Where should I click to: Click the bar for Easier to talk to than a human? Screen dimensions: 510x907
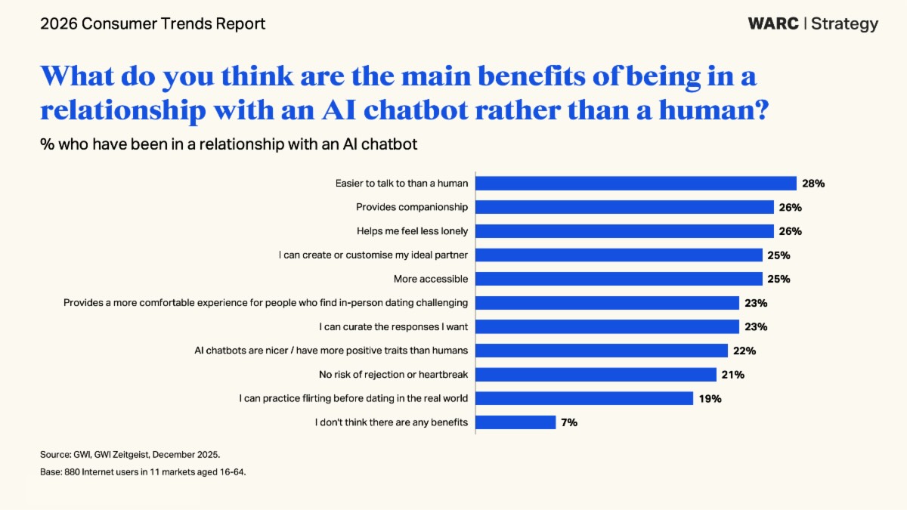[635, 183]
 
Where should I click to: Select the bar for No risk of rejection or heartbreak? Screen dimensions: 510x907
[595, 375]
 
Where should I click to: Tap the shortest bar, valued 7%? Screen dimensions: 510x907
[515, 422]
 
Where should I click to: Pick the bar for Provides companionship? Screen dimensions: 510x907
[624, 207]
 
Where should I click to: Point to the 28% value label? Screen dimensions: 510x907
[813, 183]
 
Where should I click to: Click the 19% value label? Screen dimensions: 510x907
[710, 398]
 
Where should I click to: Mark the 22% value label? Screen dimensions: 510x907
[744, 351]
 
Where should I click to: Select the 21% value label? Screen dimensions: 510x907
[733, 375]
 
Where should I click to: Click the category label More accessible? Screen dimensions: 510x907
[431, 279]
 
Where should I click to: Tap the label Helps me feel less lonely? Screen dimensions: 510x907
[413, 231]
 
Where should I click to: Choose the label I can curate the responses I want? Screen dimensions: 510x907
[394, 326]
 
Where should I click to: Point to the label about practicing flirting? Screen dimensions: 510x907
[354, 398]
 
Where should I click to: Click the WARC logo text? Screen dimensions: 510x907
[772, 23]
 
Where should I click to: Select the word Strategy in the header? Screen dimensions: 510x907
[845, 23]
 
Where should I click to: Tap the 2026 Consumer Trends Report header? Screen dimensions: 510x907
[153, 23]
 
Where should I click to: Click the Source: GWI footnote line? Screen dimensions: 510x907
[130, 454]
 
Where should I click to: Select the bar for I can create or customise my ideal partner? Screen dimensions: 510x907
[618, 255]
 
